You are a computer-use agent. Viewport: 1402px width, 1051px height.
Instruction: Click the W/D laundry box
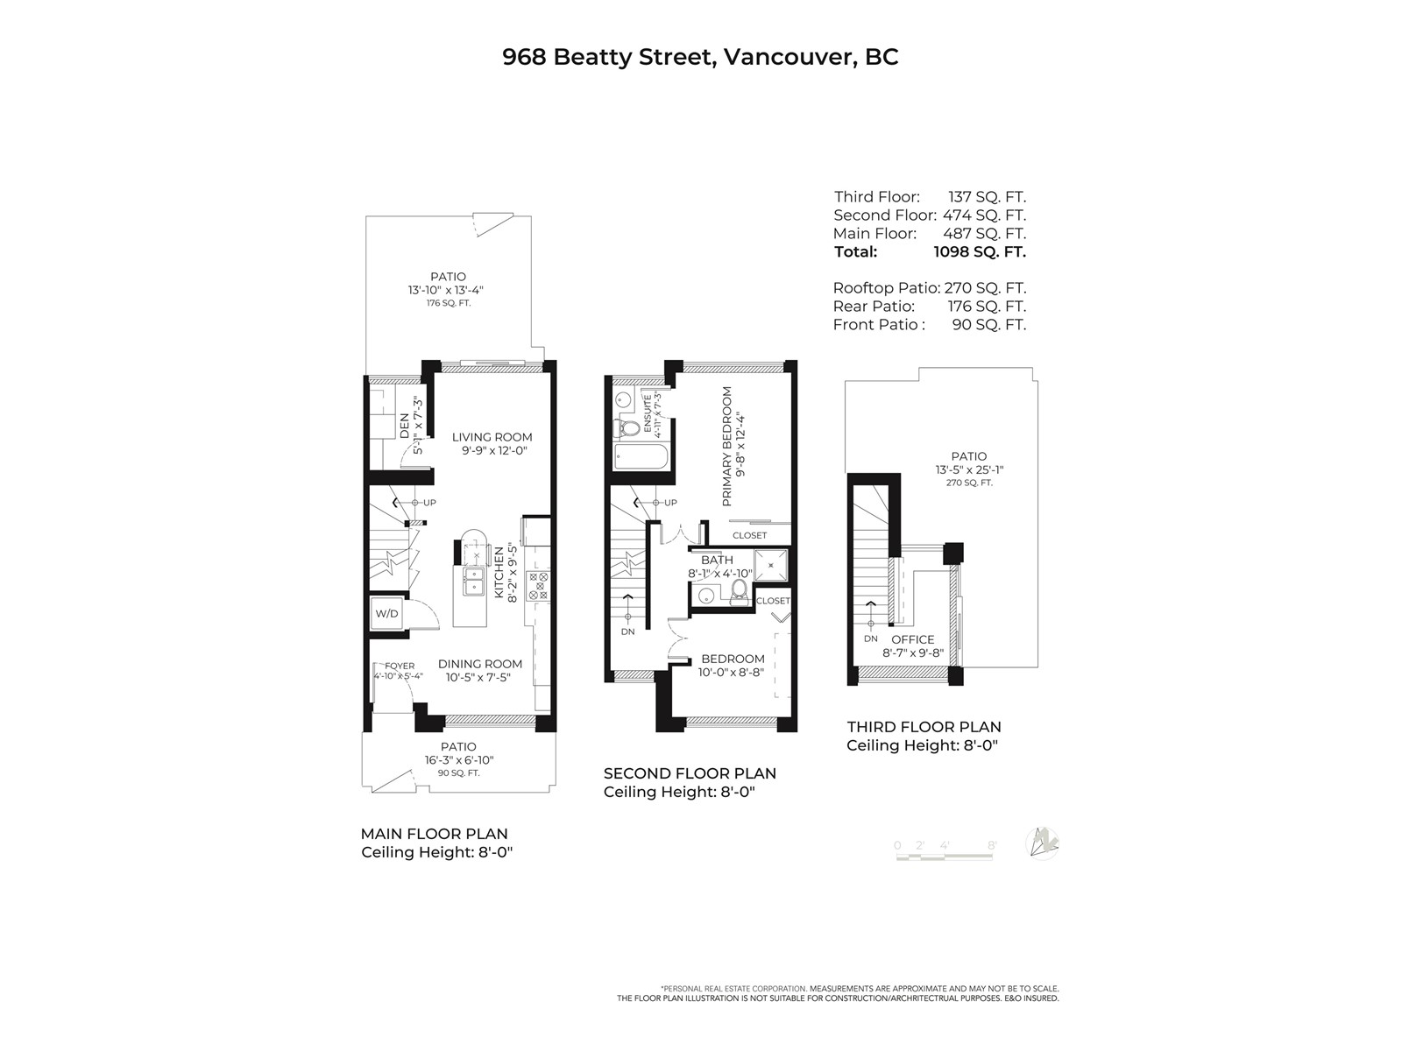click(386, 614)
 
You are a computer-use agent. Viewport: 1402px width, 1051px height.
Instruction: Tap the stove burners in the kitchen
click(538, 586)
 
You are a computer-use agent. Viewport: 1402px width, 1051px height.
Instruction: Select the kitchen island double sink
click(474, 582)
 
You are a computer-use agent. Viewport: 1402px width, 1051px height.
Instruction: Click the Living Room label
click(492, 437)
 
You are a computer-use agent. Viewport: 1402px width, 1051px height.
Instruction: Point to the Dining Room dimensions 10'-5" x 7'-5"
click(479, 677)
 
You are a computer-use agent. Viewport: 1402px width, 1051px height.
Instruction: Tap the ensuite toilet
click(628, 427)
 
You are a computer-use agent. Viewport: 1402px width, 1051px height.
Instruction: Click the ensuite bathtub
click(641, 457)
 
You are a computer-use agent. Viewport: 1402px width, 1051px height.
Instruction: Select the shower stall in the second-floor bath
click(771, 565)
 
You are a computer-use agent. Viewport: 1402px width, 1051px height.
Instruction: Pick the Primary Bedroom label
click(727, 446)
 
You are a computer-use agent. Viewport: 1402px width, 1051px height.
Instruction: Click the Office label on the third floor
click(913, 639)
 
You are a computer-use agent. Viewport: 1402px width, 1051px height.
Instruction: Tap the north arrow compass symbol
click(1042, 843)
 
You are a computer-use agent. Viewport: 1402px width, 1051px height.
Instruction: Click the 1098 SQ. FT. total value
click(980, 251)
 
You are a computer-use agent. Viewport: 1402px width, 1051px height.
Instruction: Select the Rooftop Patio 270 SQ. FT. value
click(985, 288)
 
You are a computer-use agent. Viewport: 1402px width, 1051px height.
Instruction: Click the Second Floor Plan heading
click(690, 773)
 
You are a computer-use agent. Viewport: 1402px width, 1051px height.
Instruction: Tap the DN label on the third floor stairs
click(871, 638)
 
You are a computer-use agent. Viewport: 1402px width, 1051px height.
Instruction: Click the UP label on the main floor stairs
click(429, 503)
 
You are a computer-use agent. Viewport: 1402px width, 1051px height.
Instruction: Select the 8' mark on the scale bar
click(992, 845)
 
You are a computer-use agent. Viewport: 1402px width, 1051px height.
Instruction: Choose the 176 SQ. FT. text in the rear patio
click(449, 303)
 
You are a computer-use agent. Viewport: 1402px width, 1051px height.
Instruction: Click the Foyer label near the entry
click(400, 667)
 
